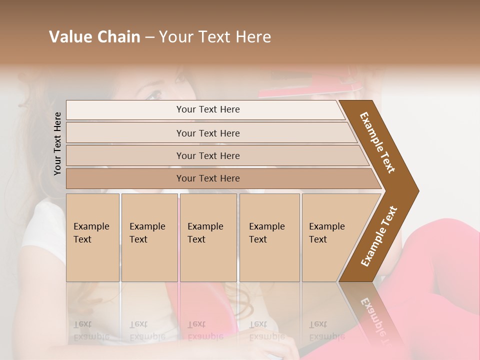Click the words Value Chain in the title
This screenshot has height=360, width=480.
(94, 37)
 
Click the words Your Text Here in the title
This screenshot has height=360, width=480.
(215, 37)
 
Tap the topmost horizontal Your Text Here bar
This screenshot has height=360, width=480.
(208, 109)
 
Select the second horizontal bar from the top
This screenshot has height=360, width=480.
(208, 133)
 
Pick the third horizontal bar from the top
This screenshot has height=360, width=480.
(208, 155)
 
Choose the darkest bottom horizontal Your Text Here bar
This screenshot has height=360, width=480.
(208, 178)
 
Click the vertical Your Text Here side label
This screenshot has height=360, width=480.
(57, 143)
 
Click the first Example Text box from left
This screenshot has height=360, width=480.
(92, 237)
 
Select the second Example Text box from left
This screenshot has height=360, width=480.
(149, 237)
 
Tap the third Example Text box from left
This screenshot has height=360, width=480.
(208, 237)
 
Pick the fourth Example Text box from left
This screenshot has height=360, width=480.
(269, 237)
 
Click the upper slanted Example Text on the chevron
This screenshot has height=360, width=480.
(377, 142)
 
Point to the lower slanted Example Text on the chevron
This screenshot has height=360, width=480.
(379, 236)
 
